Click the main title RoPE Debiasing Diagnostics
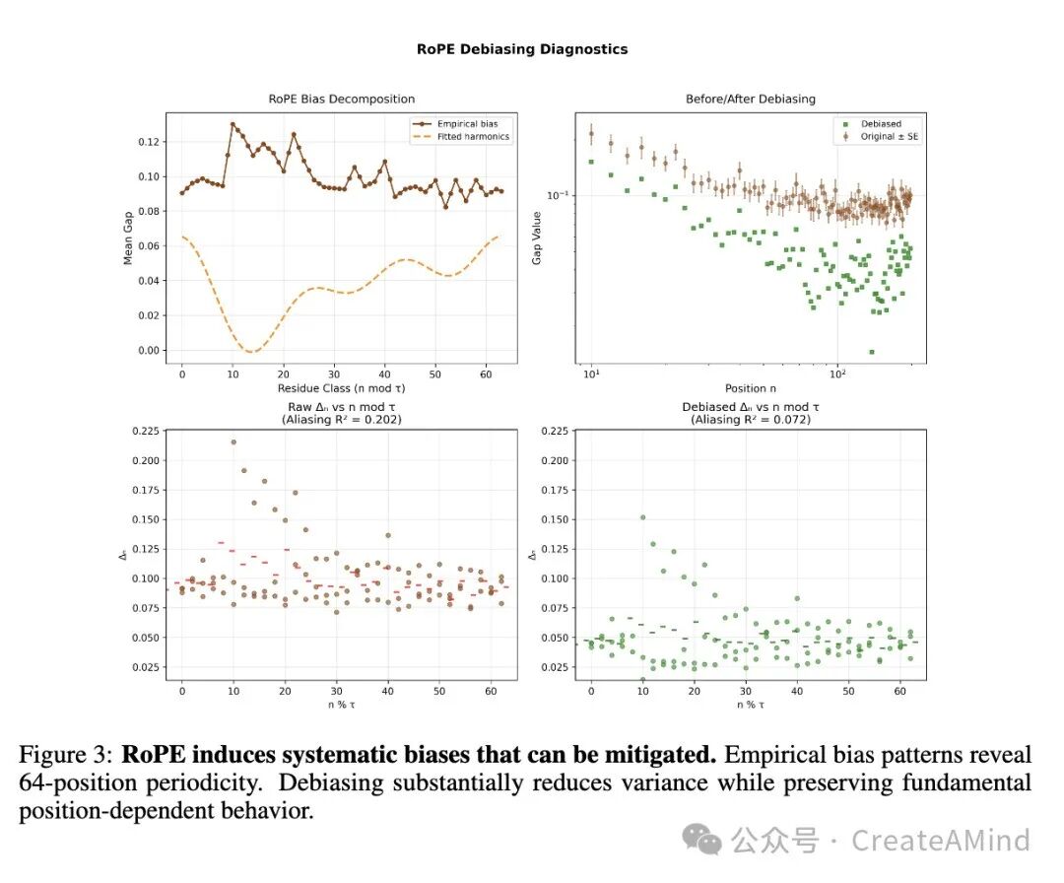(x=522, y=49)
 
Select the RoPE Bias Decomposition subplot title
(x=341, y=99)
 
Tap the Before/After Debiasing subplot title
(x=751, y=99)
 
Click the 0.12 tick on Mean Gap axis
(x=149, y=142)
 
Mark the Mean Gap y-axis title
(x=127, y=238)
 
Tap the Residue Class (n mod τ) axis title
(x=341, y=388)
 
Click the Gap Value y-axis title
(x=537, y=238)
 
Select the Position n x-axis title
(x=751, y=388)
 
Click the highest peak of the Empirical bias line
(x=233, y=125)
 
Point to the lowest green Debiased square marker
(x=872, y=352)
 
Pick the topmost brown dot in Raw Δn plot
(x=233, y=441)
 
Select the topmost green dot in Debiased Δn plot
(x=642, y=517)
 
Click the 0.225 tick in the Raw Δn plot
(x=145, y=431)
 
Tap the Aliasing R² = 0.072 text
(x=751, y=420)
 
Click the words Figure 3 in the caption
(x=65, y=755)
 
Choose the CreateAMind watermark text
(x=941, y=841)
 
